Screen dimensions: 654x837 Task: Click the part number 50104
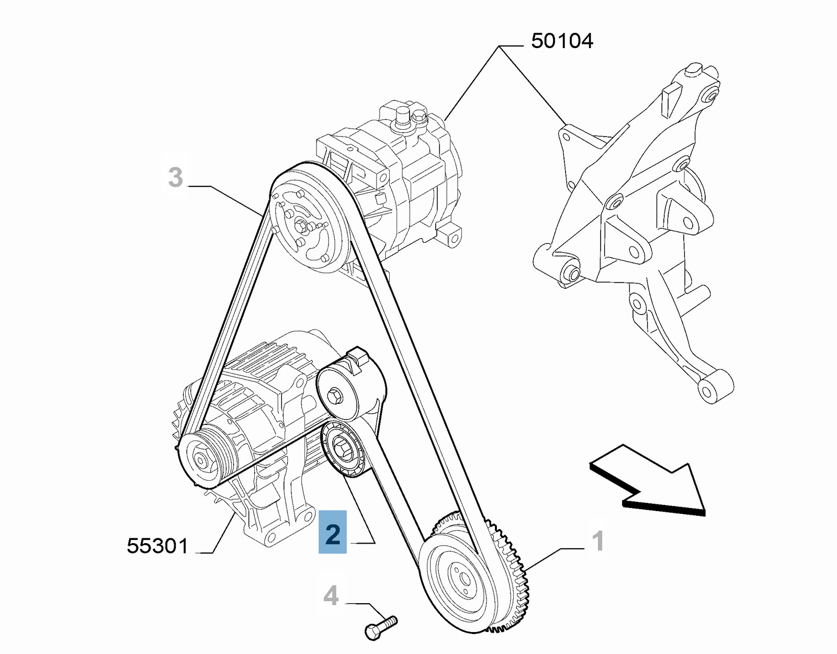562,41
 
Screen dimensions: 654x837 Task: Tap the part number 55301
157,546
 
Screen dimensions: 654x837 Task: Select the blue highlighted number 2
333,532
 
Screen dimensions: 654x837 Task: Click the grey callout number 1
597,541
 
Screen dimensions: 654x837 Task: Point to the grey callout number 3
176,177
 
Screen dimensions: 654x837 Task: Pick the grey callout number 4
331,596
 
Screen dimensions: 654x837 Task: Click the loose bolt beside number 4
380,627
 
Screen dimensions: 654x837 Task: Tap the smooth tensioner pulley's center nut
335,395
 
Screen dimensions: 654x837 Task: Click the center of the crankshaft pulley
463,578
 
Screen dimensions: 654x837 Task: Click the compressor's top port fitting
402,116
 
